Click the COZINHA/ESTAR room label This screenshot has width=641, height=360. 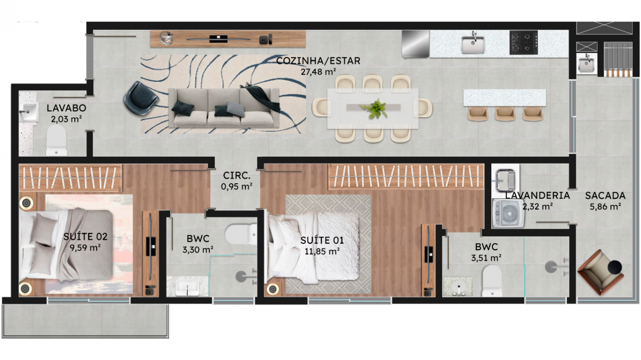pos(318,61)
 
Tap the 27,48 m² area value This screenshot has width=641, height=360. pos(318,72)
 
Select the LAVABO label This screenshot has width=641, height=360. pos(67,108)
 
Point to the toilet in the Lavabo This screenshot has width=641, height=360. pos(57,140)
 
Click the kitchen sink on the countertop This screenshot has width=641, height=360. pos(473,44)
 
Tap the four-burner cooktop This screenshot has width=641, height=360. pos(523,43)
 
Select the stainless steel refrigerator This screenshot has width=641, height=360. pos(416,45)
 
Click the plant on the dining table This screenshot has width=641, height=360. pos(373,109)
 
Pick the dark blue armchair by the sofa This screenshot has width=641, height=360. pos(141,98)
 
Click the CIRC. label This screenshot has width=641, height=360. pos(236,175)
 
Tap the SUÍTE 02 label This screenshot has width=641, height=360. pos(85,237)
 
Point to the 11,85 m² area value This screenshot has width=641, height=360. pos(322,251)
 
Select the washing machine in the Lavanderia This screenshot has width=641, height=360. pos(508,213)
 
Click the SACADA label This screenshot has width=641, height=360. pos(605,196)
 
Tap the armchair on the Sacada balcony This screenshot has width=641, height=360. pos(600,272)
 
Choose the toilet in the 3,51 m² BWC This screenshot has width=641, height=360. pos(492,281)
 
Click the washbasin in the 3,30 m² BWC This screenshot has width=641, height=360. pos(187,287)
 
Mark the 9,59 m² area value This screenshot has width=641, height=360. pos(85,247)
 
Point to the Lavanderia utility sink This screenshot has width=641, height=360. pos(504,180)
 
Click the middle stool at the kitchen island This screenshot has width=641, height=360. pos(505,114)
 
